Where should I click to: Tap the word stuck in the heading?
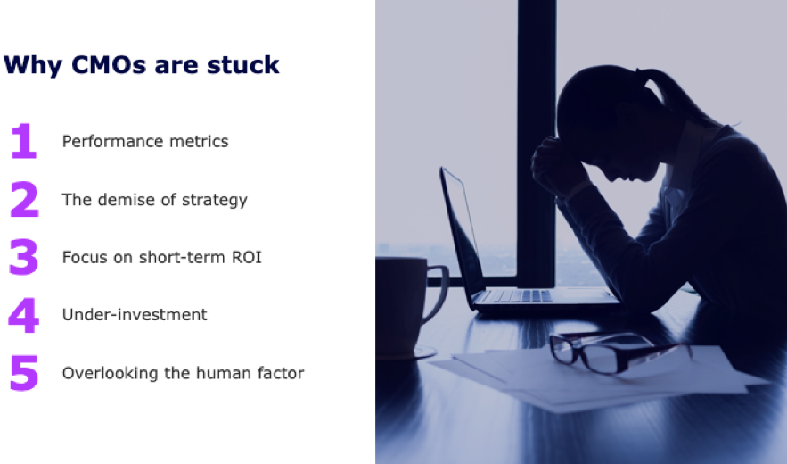click(243, 65)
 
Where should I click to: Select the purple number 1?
click(24, 141)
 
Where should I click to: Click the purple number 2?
click(24, 200)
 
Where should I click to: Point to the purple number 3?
click(23, 257)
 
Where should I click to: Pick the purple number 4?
click(23, 315)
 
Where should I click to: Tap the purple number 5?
click(23, 373)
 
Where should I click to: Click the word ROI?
click(247, 257)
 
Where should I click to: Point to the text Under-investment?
click(135, 315)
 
